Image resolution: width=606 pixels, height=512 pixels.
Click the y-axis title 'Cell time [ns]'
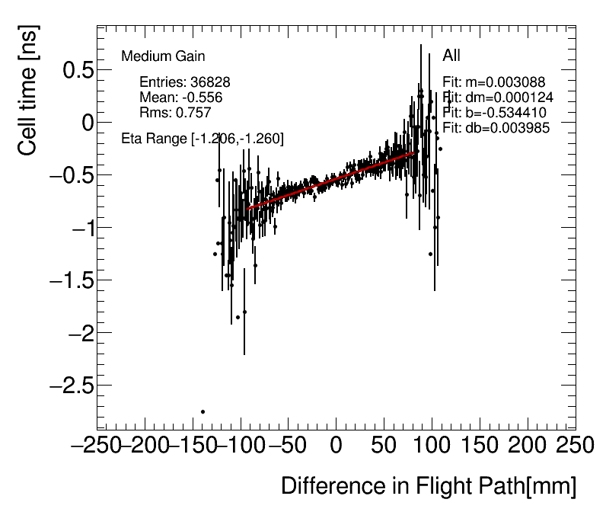[28, 90]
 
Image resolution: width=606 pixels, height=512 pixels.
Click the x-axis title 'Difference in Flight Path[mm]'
[428, 486]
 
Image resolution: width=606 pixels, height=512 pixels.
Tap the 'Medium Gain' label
[163, 56]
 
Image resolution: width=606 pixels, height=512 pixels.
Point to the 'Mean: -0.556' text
[181, 98]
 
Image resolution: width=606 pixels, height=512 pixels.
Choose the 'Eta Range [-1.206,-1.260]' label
[203, 139]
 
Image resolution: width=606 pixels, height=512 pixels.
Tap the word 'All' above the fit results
[451, 56]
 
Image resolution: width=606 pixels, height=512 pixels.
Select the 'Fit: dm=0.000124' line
[498, 98]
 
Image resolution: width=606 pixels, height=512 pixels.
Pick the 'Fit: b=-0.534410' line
[494, 113]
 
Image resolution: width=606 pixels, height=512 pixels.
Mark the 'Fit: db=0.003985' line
[496, 127]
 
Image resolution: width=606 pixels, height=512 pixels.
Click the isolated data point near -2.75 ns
[203, 411]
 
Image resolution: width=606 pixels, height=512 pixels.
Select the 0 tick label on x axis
[336, 444]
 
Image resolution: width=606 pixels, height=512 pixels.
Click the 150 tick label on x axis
[480, 444]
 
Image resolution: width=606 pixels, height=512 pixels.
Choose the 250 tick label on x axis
[575, 444]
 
